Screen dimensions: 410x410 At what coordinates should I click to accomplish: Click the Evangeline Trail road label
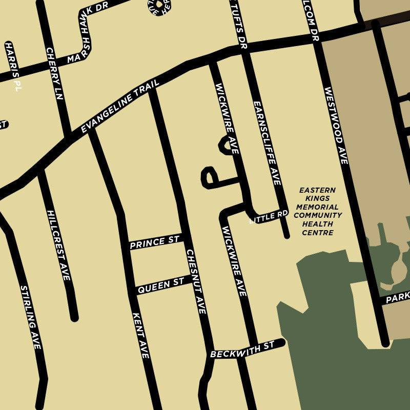[120, 106]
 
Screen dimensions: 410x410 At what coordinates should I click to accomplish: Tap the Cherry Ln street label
[54, 73]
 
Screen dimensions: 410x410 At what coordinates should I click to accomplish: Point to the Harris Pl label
[13, 67]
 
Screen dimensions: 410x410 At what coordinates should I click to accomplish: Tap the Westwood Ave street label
[336, 126]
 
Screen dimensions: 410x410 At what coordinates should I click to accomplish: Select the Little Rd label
[269, 216]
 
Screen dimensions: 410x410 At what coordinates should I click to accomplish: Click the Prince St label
[155, 241]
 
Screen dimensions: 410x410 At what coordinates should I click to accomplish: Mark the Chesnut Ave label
[196, 281]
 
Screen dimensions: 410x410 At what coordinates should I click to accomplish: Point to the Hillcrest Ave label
[58, 244]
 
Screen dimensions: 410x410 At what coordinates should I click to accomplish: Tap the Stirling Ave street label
[30, 317]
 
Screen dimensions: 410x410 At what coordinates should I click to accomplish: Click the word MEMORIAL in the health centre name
[318, 207]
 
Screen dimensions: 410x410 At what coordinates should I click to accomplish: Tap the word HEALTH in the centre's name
[318, 224]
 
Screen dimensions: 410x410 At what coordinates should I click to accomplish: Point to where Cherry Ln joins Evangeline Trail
[66, 136]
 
